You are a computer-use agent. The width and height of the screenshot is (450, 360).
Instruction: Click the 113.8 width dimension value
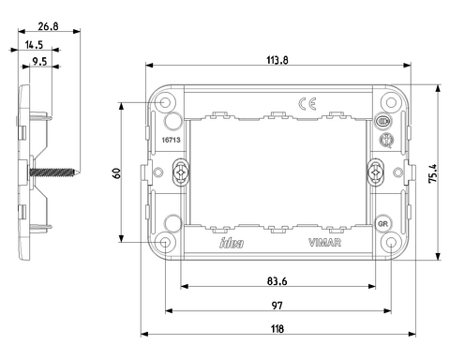pos(277,60)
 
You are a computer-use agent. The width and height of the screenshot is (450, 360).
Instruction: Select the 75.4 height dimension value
pos(433,173)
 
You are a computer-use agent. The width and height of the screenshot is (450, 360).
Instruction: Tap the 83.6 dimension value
pos(277,281)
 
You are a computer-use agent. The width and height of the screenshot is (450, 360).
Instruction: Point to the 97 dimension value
pos(277,306)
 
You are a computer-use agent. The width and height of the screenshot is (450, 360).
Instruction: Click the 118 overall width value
pos(277,329)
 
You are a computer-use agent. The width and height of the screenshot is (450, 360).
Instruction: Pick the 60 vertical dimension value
pos(116,172)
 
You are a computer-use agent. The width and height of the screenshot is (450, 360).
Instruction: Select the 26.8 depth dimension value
pos(48,26)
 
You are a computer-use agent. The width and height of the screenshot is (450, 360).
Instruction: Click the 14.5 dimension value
pos(34,45)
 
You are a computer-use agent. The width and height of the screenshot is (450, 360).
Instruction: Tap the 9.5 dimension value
pos(39,61)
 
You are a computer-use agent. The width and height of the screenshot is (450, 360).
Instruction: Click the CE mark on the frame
pos(307,103)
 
